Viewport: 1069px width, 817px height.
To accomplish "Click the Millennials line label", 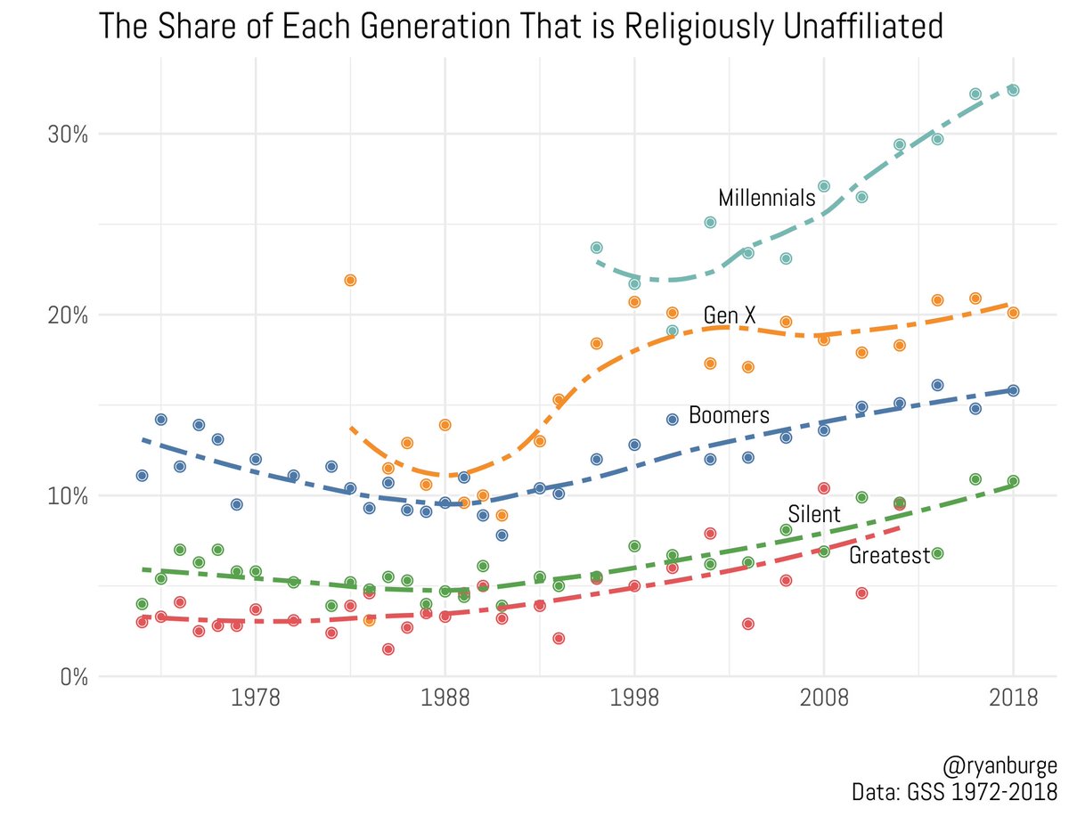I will tap(766, 198).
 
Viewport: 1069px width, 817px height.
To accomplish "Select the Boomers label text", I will tap(729, 415).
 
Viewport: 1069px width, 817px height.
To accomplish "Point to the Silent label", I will tap(813, 515).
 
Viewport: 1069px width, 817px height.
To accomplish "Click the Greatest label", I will tap(888, 556).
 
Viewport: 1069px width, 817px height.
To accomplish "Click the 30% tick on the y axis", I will tap(68, 135).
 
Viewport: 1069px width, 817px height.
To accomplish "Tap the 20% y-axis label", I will tap(68, 315).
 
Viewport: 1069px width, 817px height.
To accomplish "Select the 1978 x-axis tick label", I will tap(256, 699).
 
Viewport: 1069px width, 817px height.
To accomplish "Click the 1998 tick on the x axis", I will tap(634, 699).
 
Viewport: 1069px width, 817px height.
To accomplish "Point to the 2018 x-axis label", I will tap(1013, 699).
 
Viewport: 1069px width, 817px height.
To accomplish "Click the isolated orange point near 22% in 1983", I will tap(350, 280).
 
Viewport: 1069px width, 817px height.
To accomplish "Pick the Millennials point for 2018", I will tap(1013, 90).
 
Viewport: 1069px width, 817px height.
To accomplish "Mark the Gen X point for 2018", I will tap(1013, 313).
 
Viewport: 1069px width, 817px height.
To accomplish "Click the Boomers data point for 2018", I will tap(1013, 390).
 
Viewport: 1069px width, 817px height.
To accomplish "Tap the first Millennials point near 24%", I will tap(597, 247).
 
